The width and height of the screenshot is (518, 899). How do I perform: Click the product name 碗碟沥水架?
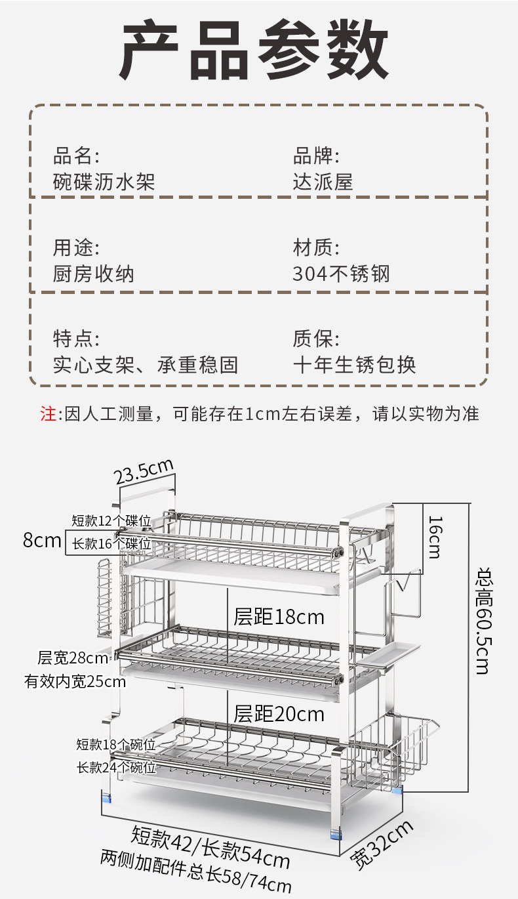tap(104, 181)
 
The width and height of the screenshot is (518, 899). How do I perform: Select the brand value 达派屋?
tap(323, 181)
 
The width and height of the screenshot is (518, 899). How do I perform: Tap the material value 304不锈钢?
tap(341, 273)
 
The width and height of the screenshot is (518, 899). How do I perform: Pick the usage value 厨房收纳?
tap(93, 273)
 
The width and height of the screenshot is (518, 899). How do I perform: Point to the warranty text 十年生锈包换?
tap(354, 364)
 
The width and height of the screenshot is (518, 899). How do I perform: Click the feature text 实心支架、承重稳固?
tap(145, 364)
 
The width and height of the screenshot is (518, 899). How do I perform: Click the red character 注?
tap(49, 414)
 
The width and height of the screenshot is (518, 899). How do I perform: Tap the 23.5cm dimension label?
tap(144, 471)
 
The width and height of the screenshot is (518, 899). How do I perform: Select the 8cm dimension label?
tap(41, 541)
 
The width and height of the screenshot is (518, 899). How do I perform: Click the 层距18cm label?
tap(279, 617)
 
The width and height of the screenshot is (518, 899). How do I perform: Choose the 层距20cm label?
tap(279, 713)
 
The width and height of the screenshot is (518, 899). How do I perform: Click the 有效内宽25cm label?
tap(75, 682)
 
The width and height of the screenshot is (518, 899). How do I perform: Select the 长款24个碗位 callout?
tap(116, 766)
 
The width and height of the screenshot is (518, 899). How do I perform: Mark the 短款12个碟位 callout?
tap(111, 521)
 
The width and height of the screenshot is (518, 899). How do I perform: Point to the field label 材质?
tap(316, 249)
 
